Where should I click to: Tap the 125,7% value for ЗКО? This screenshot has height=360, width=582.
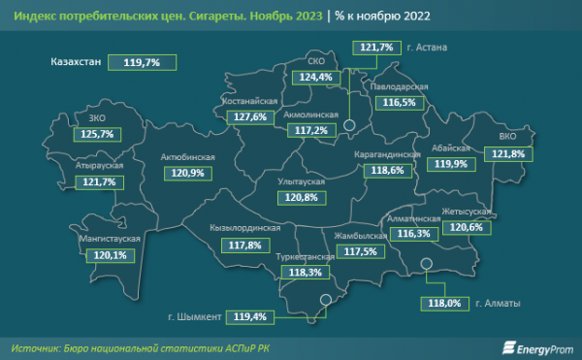pyautogui.click(x=98, y=134)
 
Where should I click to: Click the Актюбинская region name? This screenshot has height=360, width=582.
pyautogui.click(x=188, y=155)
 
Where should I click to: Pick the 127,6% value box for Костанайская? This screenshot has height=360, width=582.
pyautogui.click(x=250, y=116)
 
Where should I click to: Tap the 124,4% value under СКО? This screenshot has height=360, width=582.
pyautogui.click(x=315, y=77)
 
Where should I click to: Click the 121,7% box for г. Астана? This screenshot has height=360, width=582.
pyautogui.click(x=375, y=47)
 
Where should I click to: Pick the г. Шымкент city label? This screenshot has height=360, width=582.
pyautogui.click(x=193, y=315)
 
